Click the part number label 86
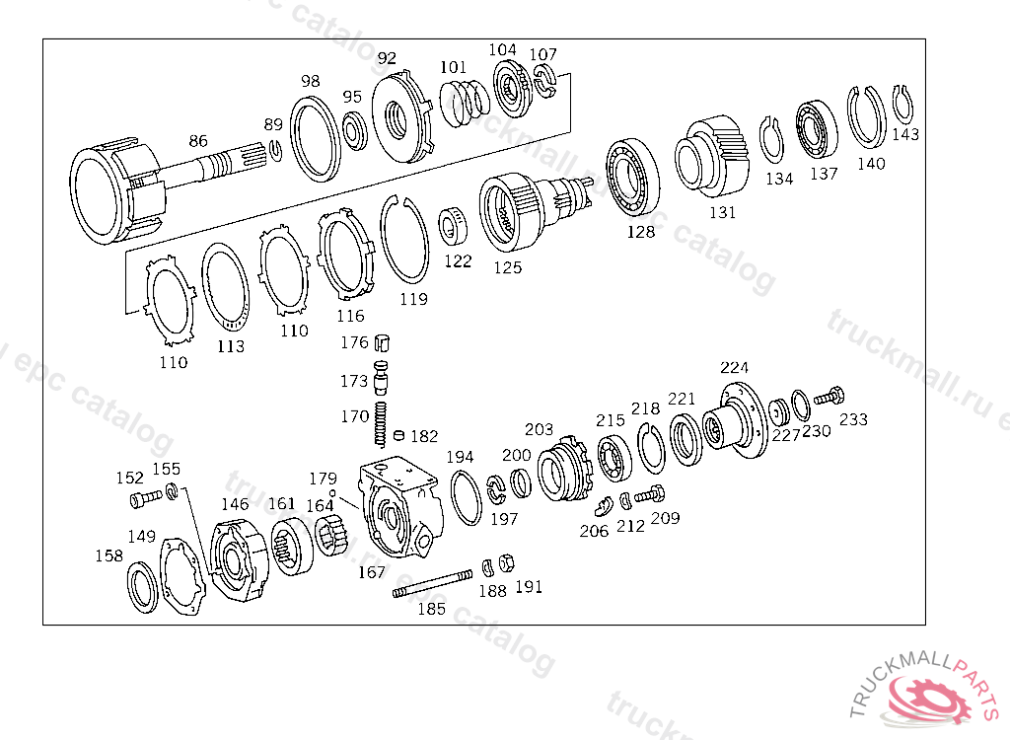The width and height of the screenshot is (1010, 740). [199, 142]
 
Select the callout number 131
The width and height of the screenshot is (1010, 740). [723, 212]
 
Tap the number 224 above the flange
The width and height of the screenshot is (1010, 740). [735, 368]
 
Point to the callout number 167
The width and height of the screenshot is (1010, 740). [372, 572]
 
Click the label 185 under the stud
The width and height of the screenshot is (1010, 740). [431, 609]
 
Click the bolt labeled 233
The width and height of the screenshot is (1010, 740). [830, 397]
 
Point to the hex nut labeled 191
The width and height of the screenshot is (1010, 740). [508, 562]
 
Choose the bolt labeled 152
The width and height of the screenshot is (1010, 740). [141, 499]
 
